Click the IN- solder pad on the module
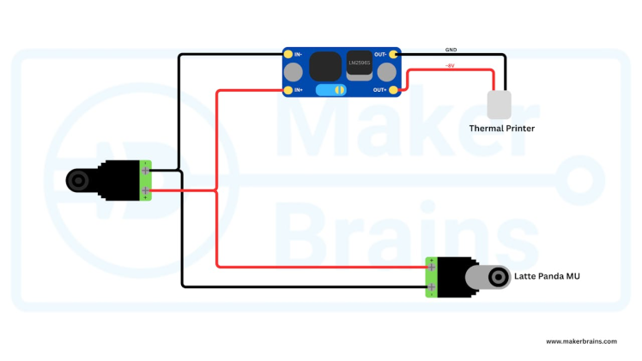coord(288,55)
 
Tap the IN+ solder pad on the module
coord(288,89)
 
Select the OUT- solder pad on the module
coord(394,55)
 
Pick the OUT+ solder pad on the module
coord(394,89)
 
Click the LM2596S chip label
coord(359,62)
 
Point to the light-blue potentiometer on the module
coord(330,89)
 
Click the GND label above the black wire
coord(451,50)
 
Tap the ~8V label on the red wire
coord(450,65)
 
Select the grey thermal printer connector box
coord(499,105)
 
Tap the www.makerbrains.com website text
coord(581,340)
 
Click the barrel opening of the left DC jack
coord(79,181)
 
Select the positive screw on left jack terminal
coord(146,190)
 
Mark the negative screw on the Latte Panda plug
coord(432,286)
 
